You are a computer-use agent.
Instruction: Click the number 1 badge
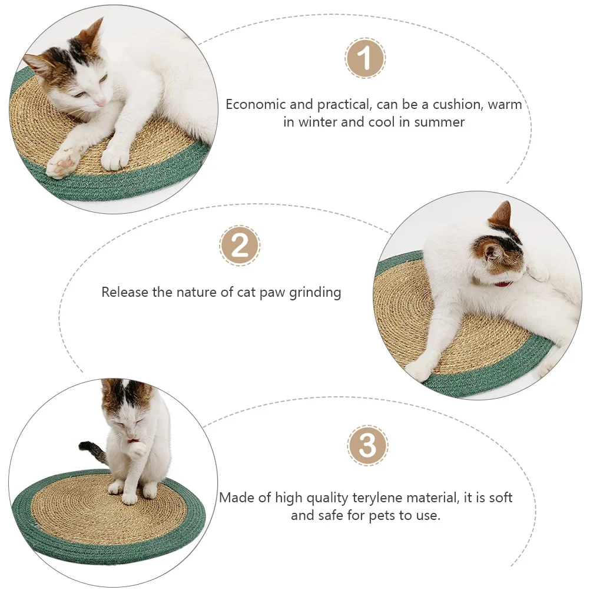pos(365,58)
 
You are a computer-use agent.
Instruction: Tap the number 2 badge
pos(240,246)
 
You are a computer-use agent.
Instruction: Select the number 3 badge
pos(367,446)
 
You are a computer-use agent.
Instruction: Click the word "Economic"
pos(256,104)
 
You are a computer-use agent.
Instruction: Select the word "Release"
pos(125,292)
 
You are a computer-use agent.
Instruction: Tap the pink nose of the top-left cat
pos(101,102)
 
